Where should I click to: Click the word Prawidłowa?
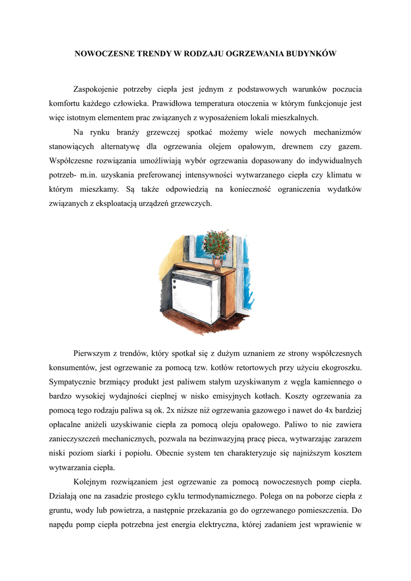click(x=173, y=104)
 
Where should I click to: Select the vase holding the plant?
click(x=217, y=262)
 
